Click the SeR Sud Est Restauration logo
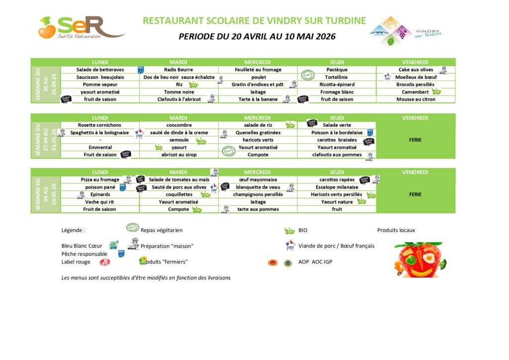point(81,27)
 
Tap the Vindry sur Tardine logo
point(406,31)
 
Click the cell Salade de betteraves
point(100,70)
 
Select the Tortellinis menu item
point(337,77)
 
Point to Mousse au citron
point(416,99)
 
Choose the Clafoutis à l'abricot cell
point(179,99)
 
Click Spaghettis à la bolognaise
point(99,132)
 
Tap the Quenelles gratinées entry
point(258,132)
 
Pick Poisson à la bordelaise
point(337,132)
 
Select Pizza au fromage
point(100,180)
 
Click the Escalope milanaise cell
point(337,187)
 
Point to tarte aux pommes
point(258,209)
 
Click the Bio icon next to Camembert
point(436,91)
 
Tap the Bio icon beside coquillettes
point(205,194)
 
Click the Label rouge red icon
point(104,262)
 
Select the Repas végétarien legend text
point(162,230)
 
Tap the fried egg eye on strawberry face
point(428,259)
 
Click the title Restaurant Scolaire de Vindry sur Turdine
point(254,21)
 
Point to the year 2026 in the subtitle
point(325,36)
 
